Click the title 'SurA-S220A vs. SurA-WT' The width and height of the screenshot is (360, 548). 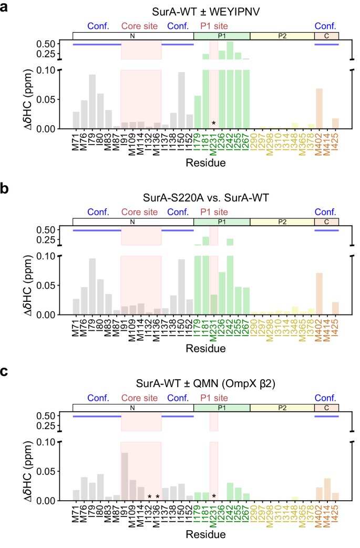pyautogui.click(x=205, y=198)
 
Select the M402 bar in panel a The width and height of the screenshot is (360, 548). pyautogui.click(x=318, y=109)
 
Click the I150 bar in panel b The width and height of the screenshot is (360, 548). pyautogui.click(x=182, y=287)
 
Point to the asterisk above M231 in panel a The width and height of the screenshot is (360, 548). pyautogui.click(x=213, y=124)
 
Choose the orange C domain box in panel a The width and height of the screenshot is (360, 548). pyautogui.click(x=326, y=36)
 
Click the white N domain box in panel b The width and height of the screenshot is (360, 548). pyautogui.click(x=133, y=222)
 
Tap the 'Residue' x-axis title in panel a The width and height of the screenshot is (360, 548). pyautogui.click(x=205, y=163)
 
